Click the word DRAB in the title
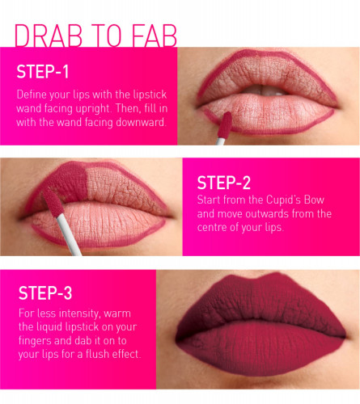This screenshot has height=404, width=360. (x=49, y=36)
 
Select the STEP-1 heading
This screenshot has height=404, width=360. (x=43, y=72)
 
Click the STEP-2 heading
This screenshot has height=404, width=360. (x=224, y=183)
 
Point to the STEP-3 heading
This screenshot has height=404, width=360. (x=45, y=293)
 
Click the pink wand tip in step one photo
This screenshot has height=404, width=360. (x=224, y=125)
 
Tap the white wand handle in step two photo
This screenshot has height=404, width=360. (x=69, y=235)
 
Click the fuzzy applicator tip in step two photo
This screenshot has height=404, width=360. (x=53, y=201)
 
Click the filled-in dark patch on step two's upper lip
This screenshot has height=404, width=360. (x=70, y=182)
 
